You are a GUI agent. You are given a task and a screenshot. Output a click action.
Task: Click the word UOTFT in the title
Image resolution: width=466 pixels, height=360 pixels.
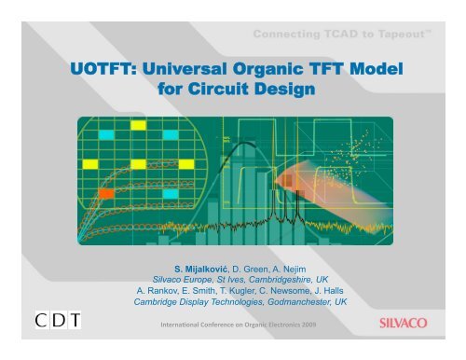[103, 68]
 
